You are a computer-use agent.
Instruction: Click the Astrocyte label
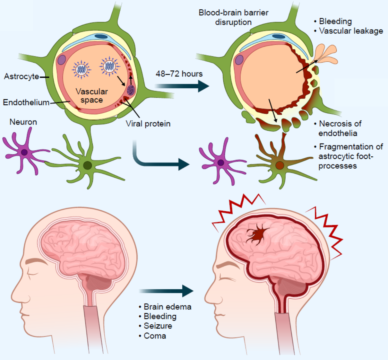coord(22,77)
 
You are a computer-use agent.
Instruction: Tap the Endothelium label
coord(26,102)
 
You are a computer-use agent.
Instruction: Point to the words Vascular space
coord(91,96)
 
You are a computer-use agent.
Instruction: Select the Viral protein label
coord(148,124)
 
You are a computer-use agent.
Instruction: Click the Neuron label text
coord(23,122)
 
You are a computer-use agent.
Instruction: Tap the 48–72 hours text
coord(179,74)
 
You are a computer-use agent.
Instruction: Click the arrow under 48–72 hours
coord(182,86)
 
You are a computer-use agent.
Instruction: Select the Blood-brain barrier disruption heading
coord(233,17)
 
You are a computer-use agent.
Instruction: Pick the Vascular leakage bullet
coord(351,31)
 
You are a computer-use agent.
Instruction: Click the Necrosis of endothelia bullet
coord(340,128)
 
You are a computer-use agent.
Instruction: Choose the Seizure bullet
coord(158,326)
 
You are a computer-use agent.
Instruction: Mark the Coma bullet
coord(155,336)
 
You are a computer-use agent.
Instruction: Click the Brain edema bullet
coord(167,307)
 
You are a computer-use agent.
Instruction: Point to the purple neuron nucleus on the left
coord(24,152)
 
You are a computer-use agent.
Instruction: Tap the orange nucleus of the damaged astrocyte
coord(280,165)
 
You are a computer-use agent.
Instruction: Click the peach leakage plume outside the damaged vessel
coord(326,55)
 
